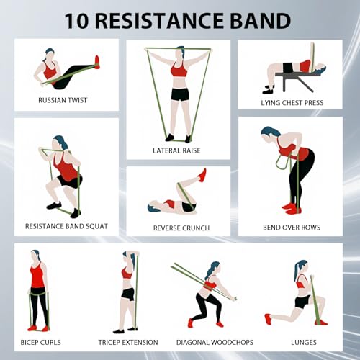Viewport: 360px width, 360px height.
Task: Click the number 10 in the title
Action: [77, 21]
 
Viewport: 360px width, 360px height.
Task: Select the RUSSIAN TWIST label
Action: [63, 100]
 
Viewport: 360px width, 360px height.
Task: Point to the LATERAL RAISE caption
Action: [176, 150]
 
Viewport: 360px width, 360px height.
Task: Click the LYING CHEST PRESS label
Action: [292, 103]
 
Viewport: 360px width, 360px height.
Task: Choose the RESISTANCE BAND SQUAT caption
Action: [66, 226]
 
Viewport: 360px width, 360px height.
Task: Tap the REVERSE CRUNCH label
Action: [181, 228]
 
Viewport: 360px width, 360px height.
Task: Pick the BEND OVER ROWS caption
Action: [292, 228]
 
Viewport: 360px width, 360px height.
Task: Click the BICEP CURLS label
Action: [41, 342]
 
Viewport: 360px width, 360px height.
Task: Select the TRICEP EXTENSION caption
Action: [128, 342]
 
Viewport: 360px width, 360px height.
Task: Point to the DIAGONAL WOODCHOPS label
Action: [215, 342]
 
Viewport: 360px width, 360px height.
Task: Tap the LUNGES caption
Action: [304, 342]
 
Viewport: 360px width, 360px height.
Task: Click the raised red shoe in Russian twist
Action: [96, 62]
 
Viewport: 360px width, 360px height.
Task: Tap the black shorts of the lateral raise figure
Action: [180, 94]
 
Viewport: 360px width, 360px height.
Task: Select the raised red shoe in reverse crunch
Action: [202, 175]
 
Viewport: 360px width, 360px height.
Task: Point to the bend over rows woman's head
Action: [269, 135]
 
